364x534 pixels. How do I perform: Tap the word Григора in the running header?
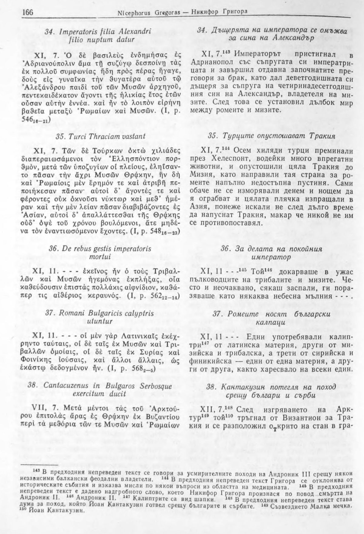[236, 12]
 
